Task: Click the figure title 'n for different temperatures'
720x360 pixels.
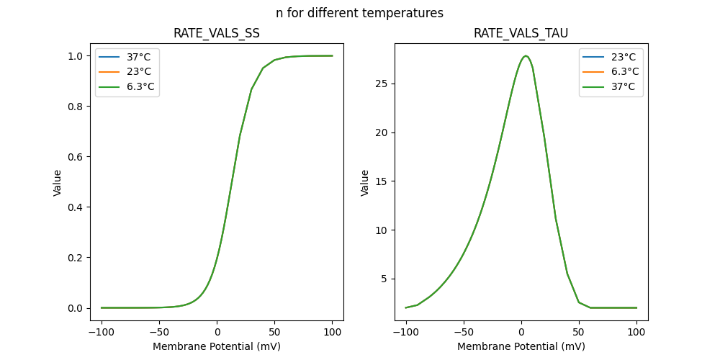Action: [x=359, y=13]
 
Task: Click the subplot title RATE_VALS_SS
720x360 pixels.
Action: [x=217, y=34]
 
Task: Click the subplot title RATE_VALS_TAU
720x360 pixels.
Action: [x=521, y=34]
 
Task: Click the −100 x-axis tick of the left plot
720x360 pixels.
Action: [x=102, y=333]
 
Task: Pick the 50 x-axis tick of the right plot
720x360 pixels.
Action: [x=579, y=333]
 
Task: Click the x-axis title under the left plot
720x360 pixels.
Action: [x=217, y=346]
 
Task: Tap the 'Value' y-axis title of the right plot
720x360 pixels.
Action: [x=365, y=183]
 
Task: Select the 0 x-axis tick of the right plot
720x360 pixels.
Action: [x=521, y=333]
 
